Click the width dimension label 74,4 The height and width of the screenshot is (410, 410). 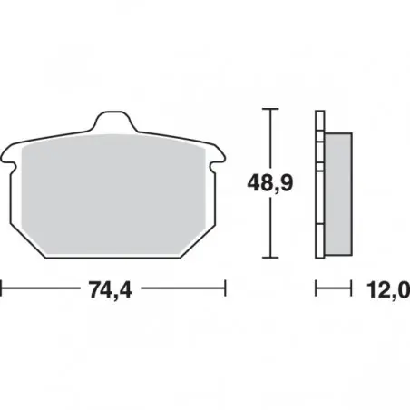(x=111, y=289)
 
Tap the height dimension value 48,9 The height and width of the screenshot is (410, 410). (x=270, y=182)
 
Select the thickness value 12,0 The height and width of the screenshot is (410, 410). (x=388, y=289)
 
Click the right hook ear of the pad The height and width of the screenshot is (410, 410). (x=218, y=158)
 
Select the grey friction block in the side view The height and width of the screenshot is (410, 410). (x=338, y=194)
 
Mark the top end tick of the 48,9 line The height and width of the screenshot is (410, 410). (x=270, y=108)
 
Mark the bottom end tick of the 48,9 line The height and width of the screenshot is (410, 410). (x=270, y=258)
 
